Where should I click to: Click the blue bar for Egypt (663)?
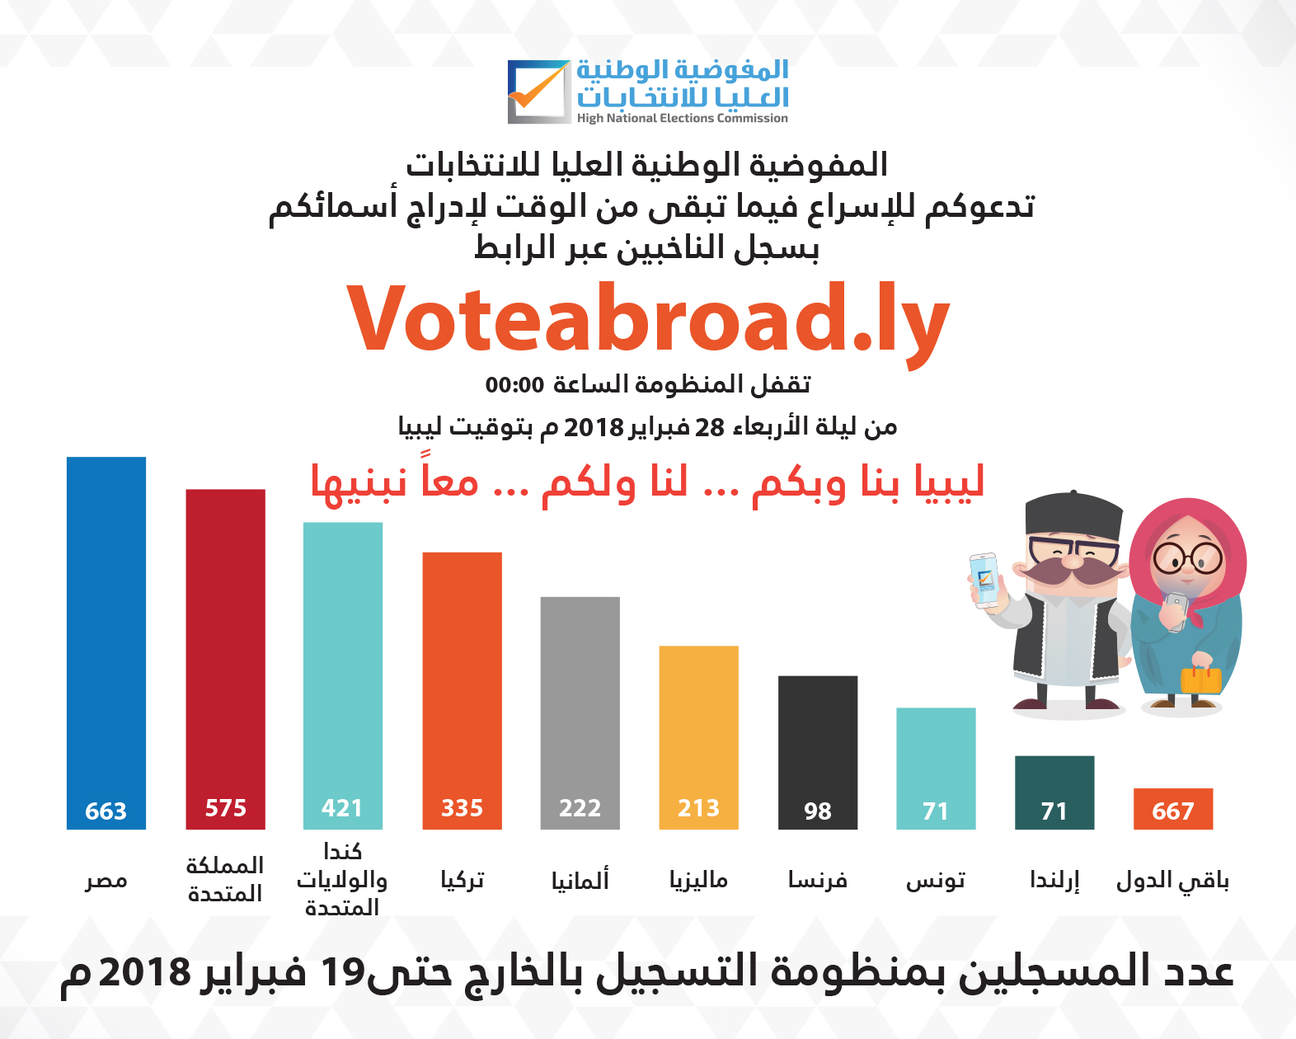coord(106,642)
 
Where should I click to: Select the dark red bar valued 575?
coord(225,659)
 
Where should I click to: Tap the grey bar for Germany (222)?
coord(580,713)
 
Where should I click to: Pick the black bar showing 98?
coord(818,752)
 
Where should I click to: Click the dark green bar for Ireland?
coord(1054,792)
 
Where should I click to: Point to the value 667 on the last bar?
coord(1173,811)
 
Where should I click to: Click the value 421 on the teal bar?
coord(342,808)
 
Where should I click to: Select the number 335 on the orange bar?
coord(462,808)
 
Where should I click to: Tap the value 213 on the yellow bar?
coord(698,808)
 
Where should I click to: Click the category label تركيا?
coord(462,880)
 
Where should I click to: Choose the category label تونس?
coord(936,881)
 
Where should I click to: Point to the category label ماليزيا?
coord(698,880)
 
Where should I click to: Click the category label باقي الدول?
coord(1172,881)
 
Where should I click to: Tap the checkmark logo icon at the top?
coord(539,92)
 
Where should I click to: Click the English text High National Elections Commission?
coord(683,118)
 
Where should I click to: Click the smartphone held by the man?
coord(985,581)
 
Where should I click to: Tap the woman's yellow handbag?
coord(1201,679)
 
